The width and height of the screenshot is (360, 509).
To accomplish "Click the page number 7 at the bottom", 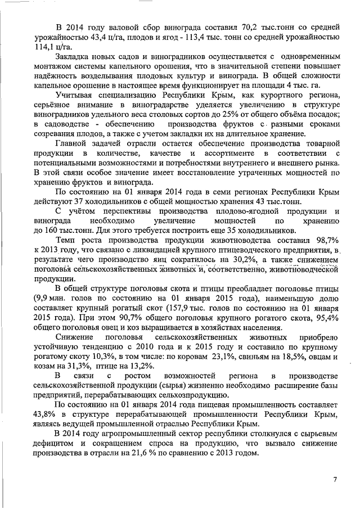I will (335, 480).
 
